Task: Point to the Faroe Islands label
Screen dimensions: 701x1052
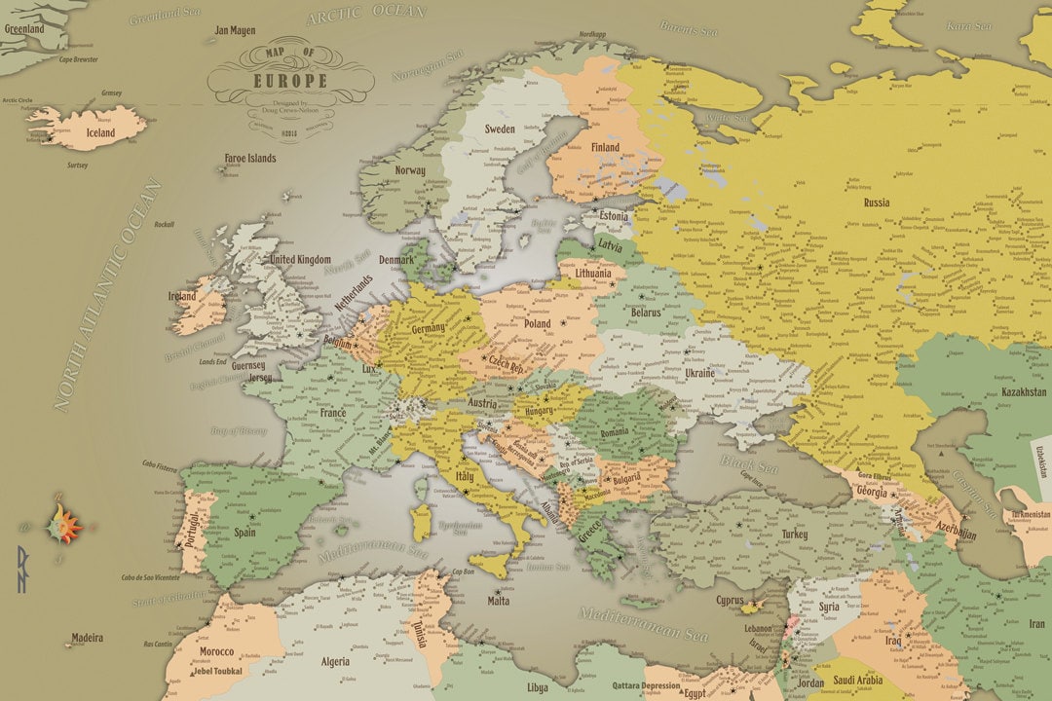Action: point(249,158)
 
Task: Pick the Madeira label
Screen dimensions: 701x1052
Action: point(86,639)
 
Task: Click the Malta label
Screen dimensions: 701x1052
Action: point(498,601)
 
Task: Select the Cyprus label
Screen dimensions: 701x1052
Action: point(731,601)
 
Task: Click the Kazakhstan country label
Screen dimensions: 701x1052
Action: point(1023,392)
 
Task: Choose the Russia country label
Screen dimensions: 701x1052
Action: point(876,203)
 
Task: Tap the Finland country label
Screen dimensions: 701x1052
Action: point(605,147)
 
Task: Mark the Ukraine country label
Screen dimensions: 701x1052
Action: point(699,373)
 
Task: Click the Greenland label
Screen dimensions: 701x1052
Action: point(24,29)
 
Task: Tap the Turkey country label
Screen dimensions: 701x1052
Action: point(794,535)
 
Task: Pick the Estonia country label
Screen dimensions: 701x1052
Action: point(614,215)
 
